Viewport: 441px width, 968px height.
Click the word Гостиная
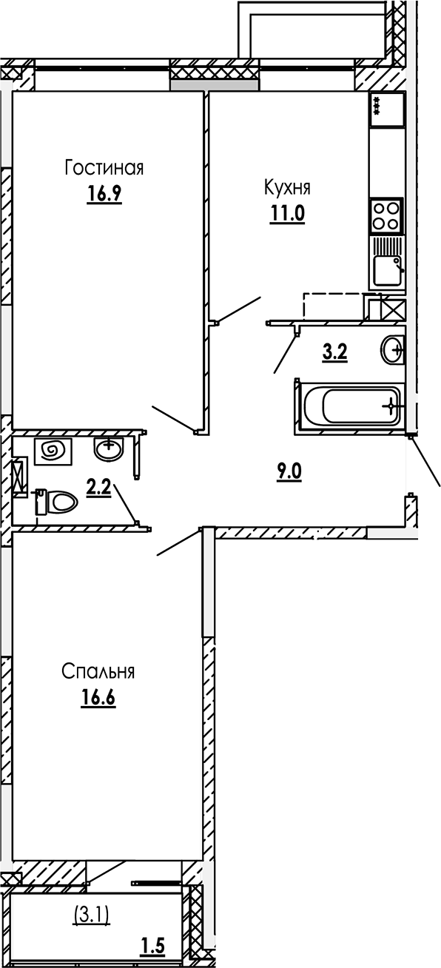[103, 168]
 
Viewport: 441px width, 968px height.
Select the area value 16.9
[103, 194]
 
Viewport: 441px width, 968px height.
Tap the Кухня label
[287, 187]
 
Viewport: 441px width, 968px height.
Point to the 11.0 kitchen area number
[287, 213]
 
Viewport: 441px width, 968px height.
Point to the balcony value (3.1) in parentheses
[92, 917]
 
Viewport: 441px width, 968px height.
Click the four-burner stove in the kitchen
[386, 215]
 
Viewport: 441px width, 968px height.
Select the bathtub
[349, 405]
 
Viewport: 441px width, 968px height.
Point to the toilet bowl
[58, 503]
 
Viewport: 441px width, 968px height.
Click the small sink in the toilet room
[109, 447]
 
